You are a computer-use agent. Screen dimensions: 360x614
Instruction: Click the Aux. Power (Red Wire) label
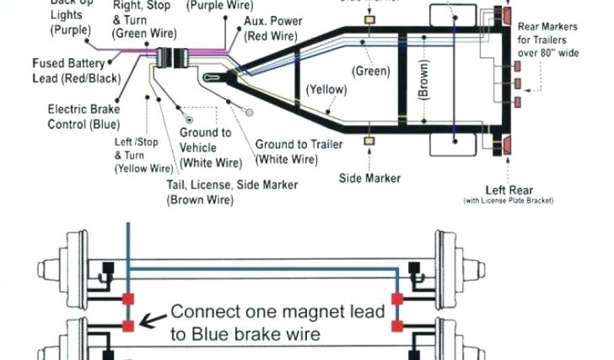[272, 29]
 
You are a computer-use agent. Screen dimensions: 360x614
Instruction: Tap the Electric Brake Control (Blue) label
[83, 117]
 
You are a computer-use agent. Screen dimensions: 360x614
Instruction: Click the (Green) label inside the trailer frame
[371, 71]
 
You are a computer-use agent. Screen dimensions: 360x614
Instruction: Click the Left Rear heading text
[508, 190]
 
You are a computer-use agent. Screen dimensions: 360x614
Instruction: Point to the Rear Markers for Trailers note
[547, 40]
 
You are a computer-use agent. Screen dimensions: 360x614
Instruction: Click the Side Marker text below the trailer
[370, 178]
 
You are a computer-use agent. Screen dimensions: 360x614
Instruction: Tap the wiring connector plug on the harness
[170, 59]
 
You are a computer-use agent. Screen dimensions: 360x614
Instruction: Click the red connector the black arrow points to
[128, 326]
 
